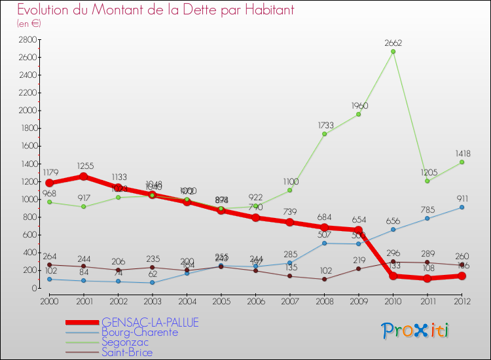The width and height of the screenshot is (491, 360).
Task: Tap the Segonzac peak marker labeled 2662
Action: tap(393, 52)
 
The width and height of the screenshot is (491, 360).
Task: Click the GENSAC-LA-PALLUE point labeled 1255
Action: tap(83, 176)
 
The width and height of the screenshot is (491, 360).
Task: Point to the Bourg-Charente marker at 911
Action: tap(462, 207)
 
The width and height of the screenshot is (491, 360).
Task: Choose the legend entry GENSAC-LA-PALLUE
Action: tap(150, 323)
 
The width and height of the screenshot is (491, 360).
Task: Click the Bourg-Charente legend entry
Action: tap(139, 333)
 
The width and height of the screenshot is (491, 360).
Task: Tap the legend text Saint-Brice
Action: tap(127, 353)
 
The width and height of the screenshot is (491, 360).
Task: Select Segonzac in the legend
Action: tap(124, 342)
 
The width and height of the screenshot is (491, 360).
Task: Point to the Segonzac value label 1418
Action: tap(462, 154)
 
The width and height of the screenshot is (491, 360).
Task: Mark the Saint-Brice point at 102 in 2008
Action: tap(324, 279)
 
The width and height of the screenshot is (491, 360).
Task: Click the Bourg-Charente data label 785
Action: tap(428, 210)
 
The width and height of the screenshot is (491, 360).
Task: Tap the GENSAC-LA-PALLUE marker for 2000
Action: tap(49, 183)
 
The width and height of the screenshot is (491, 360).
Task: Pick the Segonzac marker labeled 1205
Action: tap(427, 181)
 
